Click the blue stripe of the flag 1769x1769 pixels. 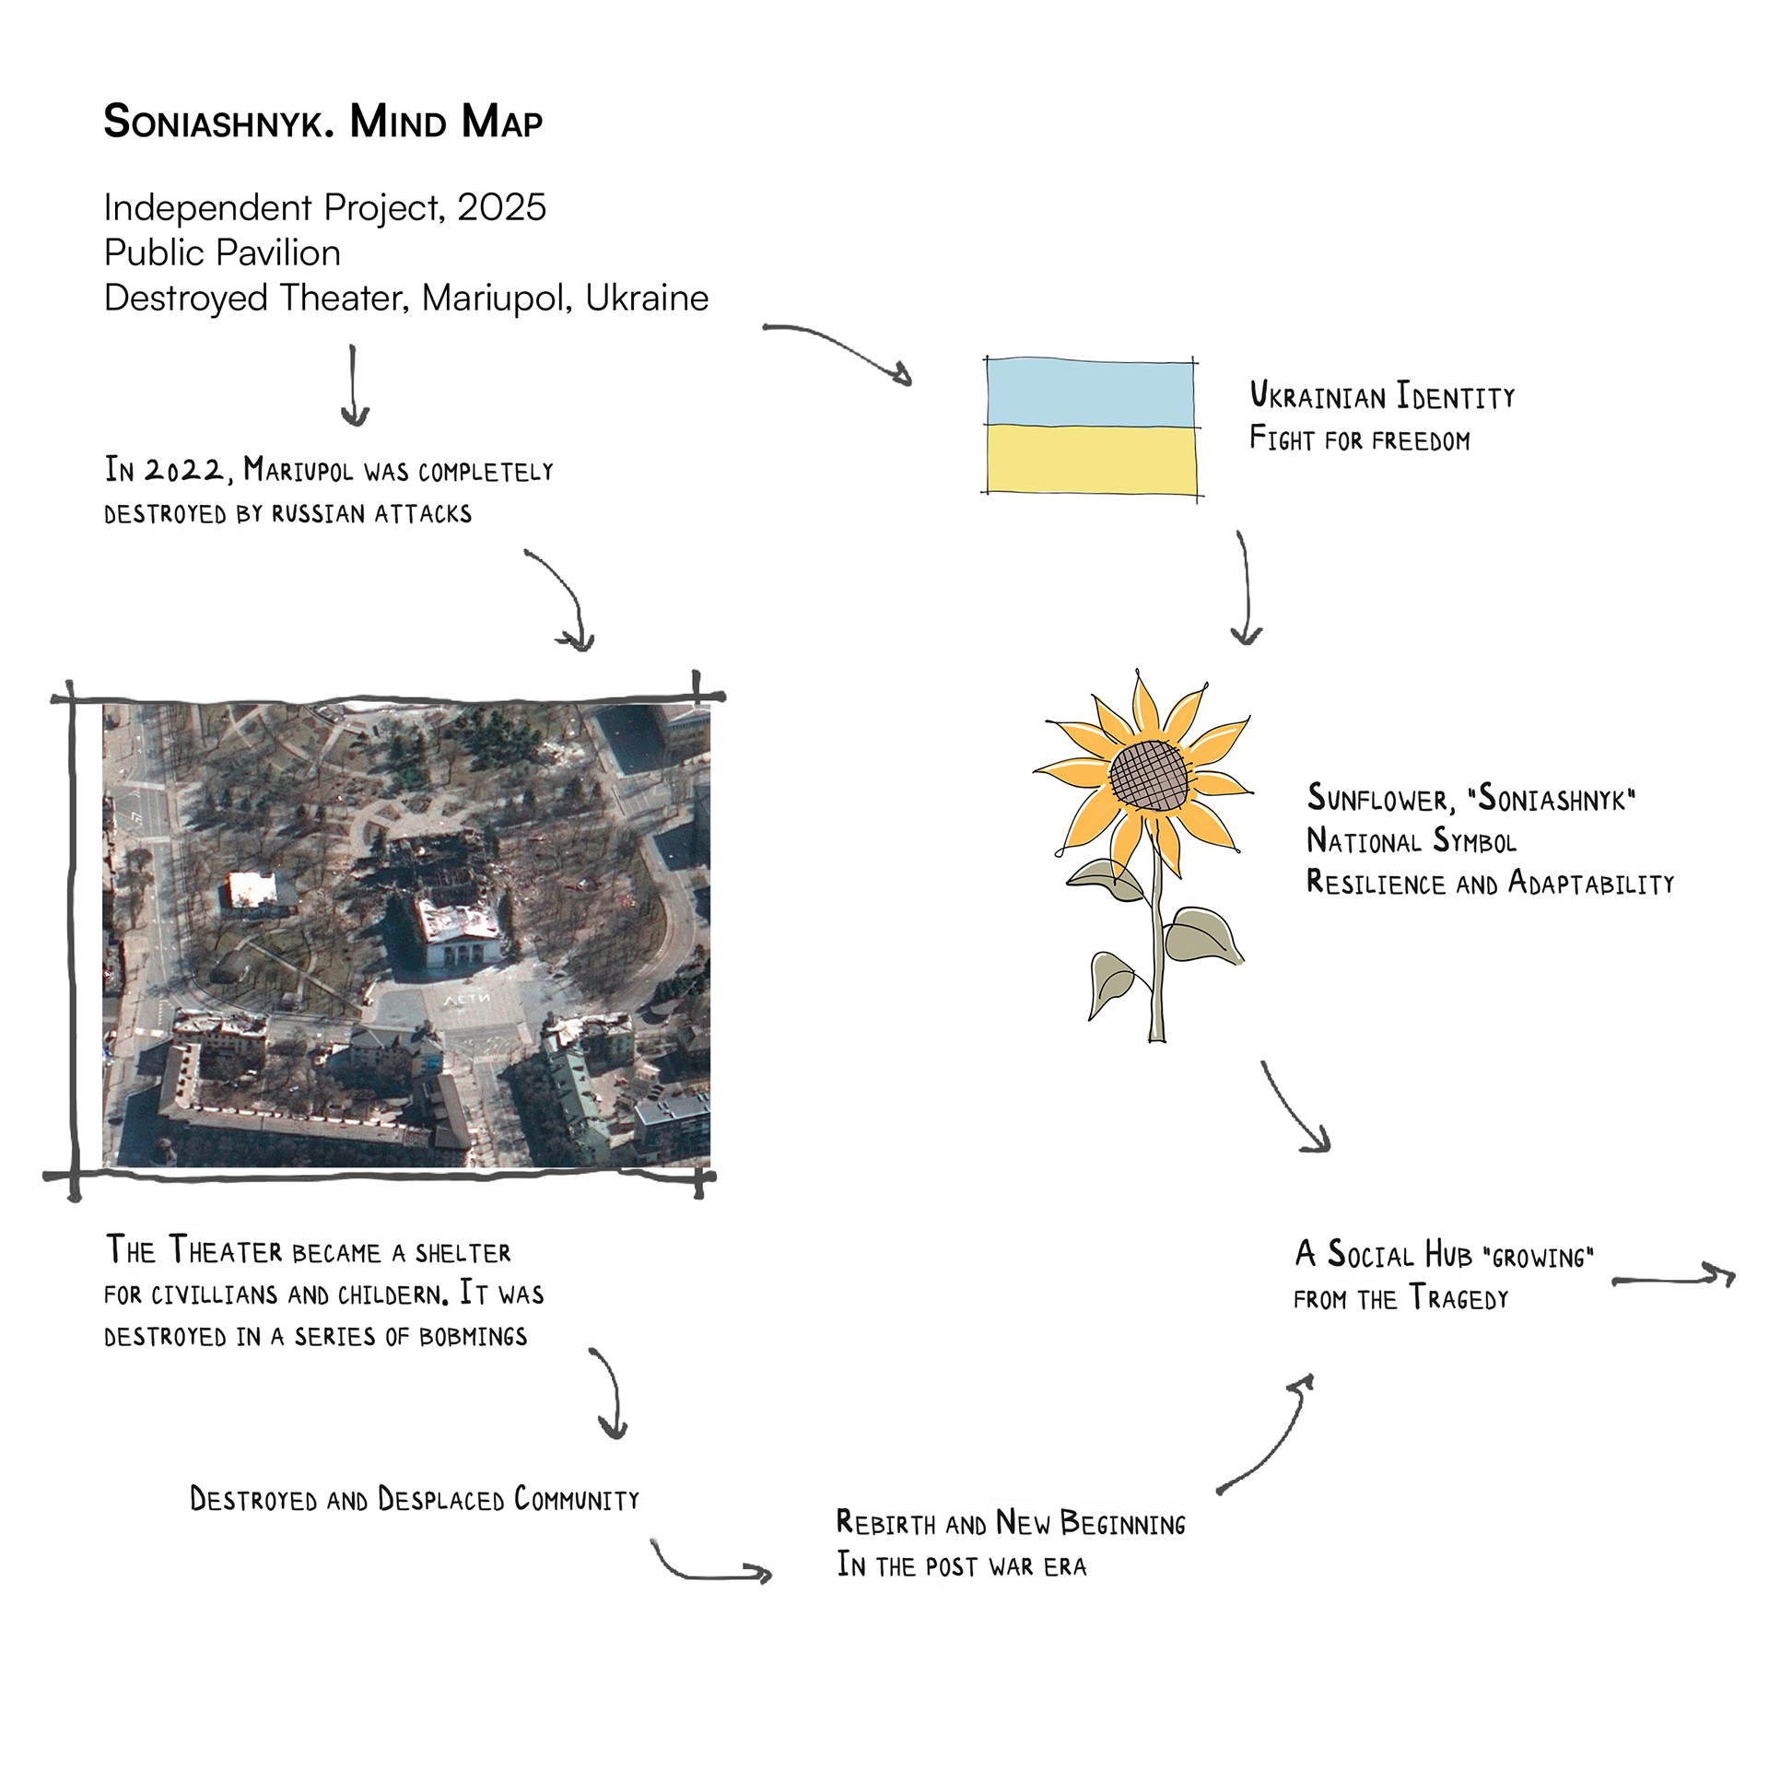point(1091,392)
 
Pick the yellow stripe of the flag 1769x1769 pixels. point(1092,459)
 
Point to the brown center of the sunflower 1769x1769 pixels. point(1148,776)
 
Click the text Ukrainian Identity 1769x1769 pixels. point(1382,396)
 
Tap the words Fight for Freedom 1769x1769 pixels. point(1359,439)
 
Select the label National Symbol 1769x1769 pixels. point(1411,841)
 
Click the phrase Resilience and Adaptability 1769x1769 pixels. point(1490,884)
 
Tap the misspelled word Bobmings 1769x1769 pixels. point(473,1337)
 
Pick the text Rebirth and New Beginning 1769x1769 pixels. point(1011,1524)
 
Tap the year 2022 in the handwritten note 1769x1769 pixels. point(184,470)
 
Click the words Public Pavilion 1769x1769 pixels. point(222,252)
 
